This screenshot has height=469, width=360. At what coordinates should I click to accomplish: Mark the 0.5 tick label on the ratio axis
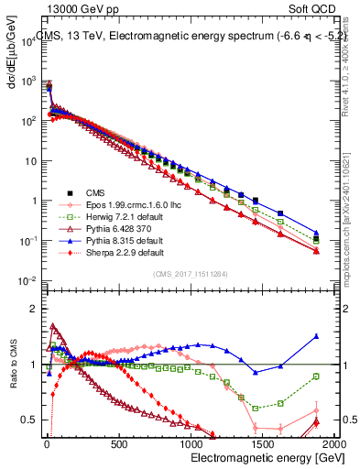27,420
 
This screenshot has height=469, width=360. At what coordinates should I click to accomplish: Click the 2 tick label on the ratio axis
31,309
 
